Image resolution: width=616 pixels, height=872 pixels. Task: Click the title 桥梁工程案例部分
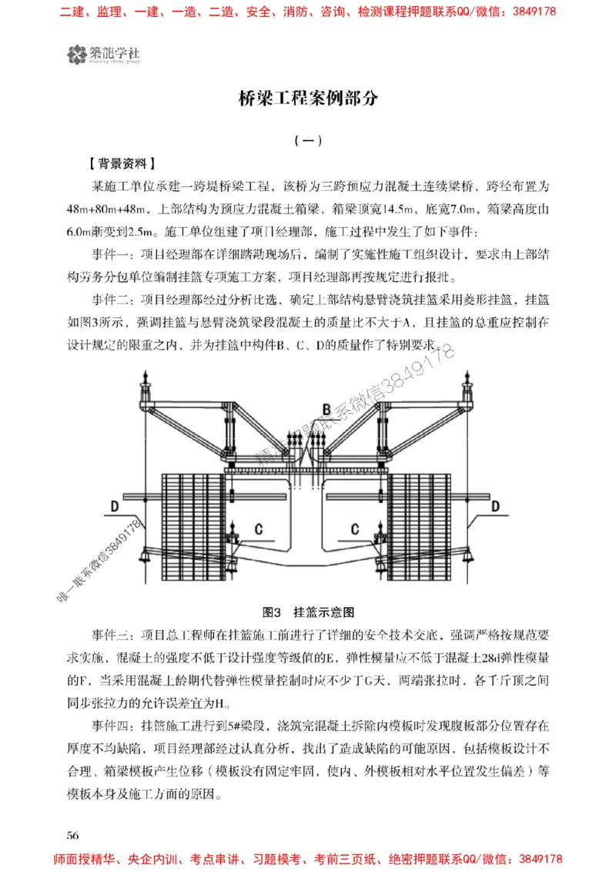307,99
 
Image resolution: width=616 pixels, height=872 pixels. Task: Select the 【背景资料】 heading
123,163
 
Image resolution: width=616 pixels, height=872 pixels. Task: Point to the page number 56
75,835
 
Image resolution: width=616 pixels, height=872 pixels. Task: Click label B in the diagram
326,408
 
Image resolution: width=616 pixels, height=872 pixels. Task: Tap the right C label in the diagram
355,529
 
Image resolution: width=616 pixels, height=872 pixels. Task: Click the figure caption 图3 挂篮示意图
308,613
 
